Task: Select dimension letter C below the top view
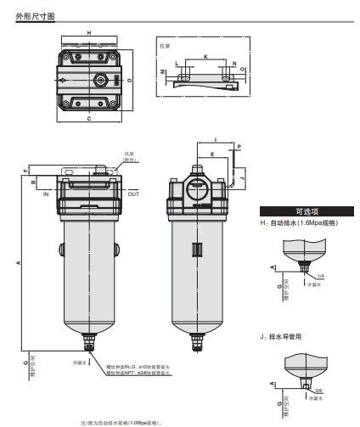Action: (x=89, y=119)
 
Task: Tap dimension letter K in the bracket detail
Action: (x=205, y=55)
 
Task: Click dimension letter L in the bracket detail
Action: (x=177, y=64)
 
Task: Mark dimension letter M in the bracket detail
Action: (x=163, y=74)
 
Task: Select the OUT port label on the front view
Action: (x=133, y=194)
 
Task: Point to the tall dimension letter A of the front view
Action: (x=19, y=263)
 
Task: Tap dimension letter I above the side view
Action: (x=216, y=138)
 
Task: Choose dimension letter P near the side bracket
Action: (x=240, y=147)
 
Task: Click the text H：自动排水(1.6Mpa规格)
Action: (x=299, y=222)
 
